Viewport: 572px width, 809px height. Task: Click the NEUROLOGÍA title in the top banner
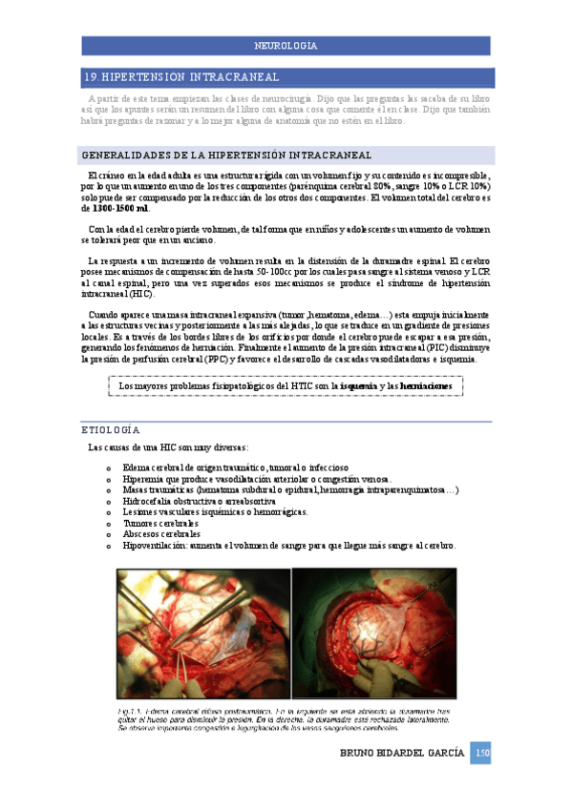pyautogui.click(x=286, y=46)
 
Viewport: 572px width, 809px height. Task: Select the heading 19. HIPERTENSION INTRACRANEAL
pyautogui.click(x=181, y=77)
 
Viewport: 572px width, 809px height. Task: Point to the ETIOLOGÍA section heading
pyautogui.click(x=111, y=430)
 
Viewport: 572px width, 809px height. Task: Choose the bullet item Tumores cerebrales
pyautogui.click(x=160, y=524)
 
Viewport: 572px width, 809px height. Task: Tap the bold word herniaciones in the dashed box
pyautogui.click(x=414, y=385)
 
